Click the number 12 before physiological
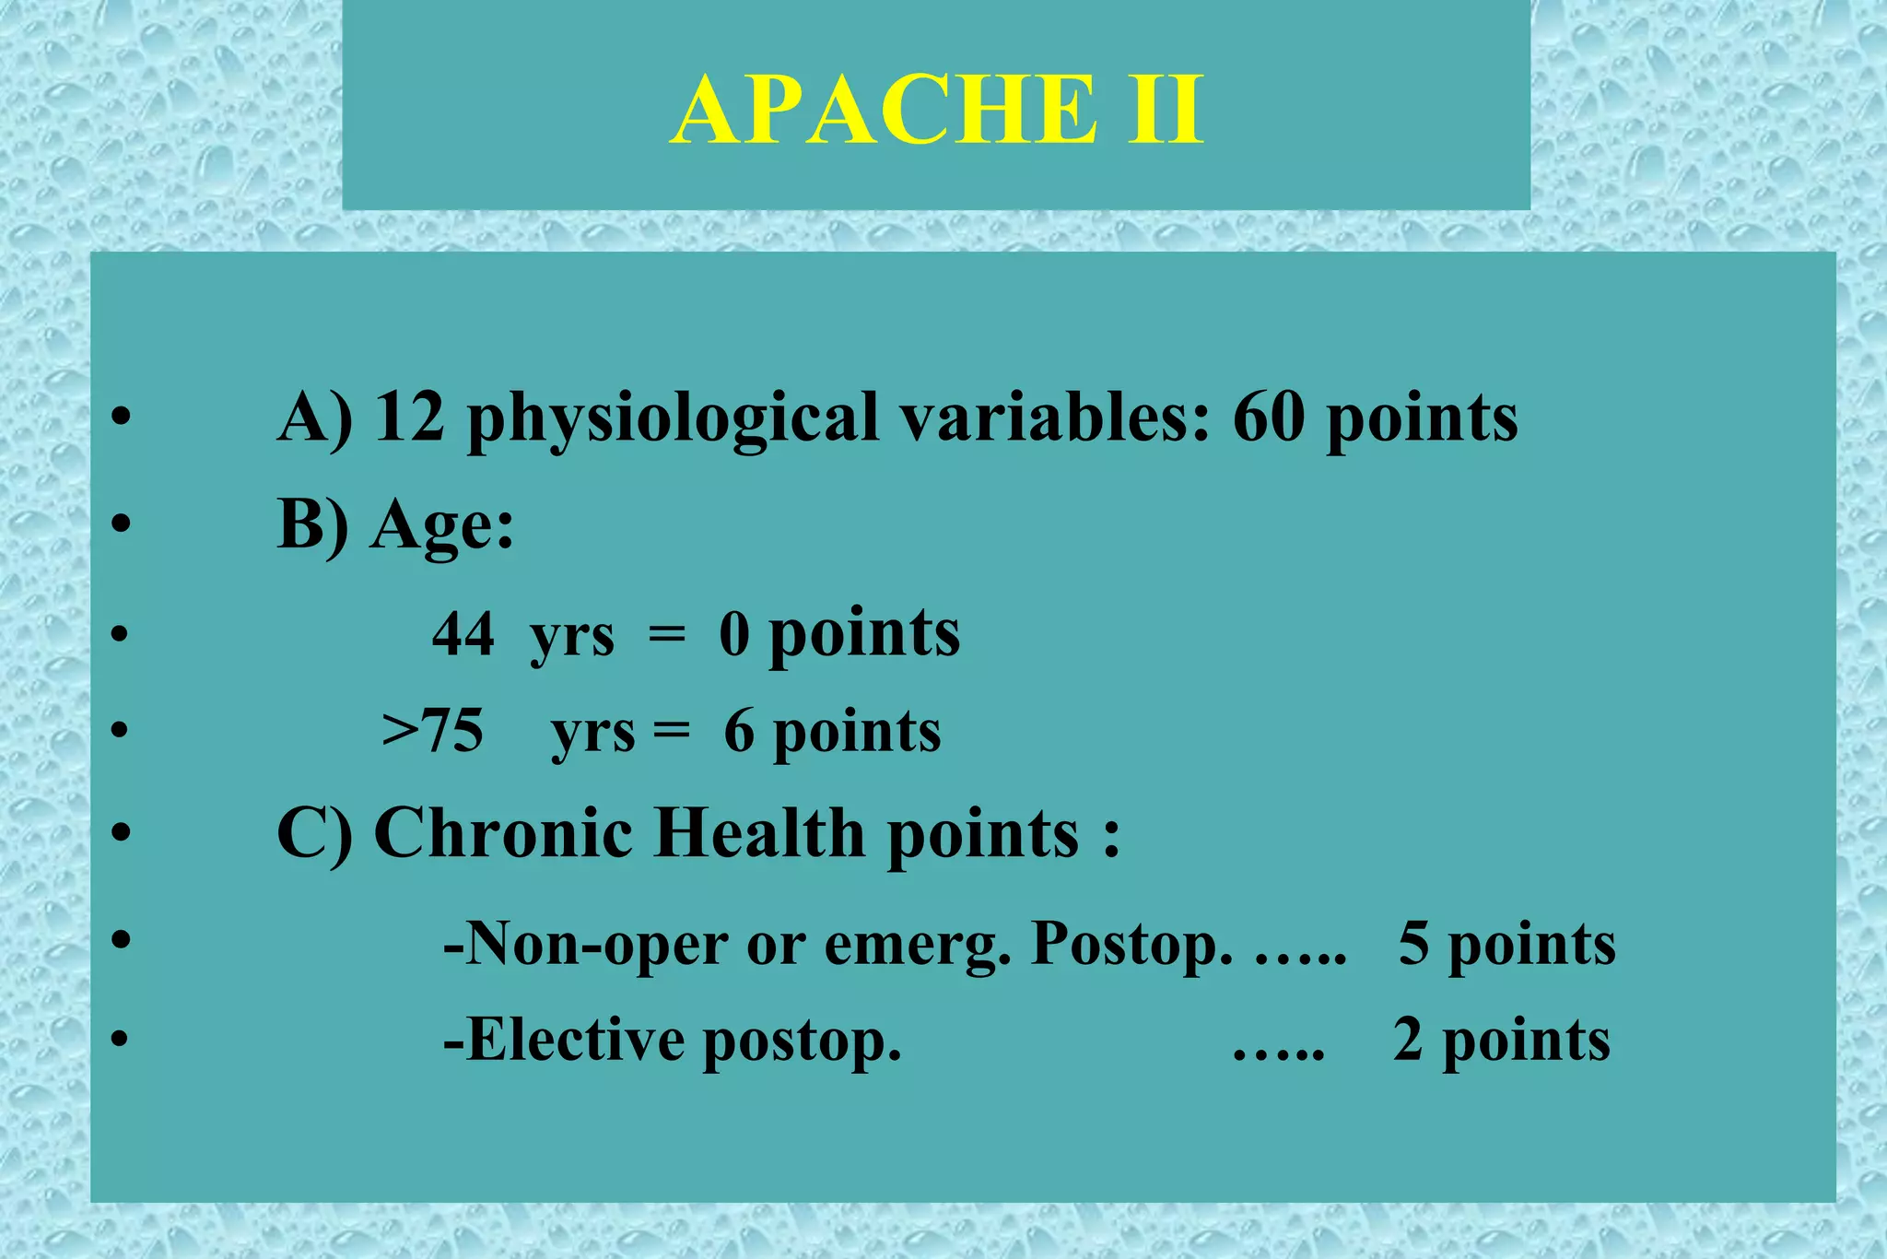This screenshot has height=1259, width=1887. [x=410, y=418]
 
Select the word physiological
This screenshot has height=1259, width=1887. [x=673, y=419]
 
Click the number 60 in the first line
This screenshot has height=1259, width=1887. [x=1269, y=418]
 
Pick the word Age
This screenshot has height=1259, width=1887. [x=441, y=525]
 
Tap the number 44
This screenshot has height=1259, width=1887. [x=463, y=634]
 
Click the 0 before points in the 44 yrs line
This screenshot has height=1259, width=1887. [x=734, y=634]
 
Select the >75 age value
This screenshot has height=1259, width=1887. [x=432, y=732]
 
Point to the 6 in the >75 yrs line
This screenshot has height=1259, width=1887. [x=739, y=732]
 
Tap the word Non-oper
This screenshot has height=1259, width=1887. [x=584, y=944]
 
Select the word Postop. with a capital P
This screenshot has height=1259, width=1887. [x=1131, y=946]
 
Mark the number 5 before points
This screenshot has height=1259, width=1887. [x=1413, y=944]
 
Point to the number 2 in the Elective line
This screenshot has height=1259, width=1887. [x=1408, y=1040]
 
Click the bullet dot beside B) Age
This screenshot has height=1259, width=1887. [x=121, y=524]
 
